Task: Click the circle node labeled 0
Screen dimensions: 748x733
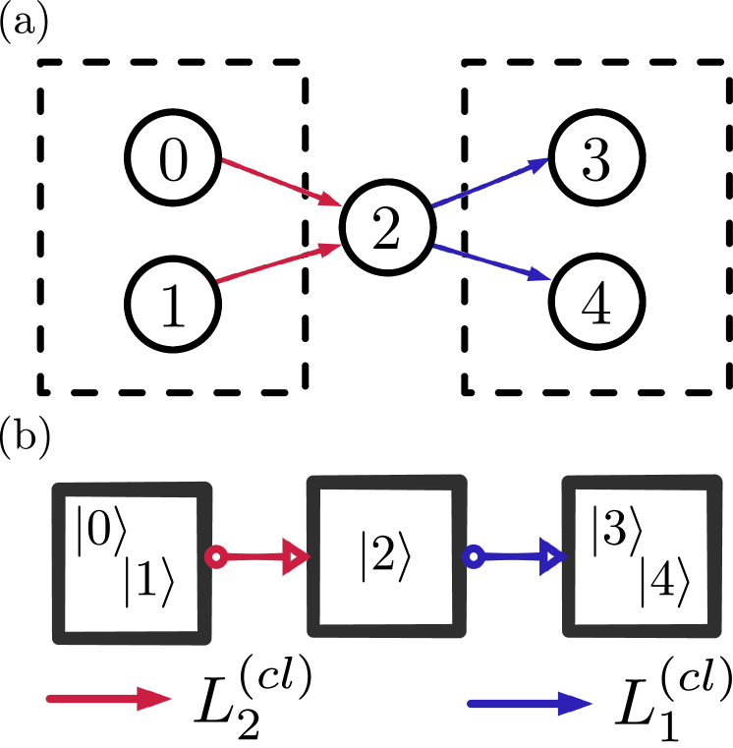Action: [173, 158]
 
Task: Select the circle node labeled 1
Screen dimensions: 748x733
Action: [173, 305]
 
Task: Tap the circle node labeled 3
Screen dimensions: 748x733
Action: [596, 158]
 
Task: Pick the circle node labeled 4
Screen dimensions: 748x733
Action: [596, 303]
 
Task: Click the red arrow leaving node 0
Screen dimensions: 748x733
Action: [280, 182]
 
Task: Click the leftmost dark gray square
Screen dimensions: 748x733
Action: [132, 563]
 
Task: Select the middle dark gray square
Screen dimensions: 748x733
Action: [386, 555]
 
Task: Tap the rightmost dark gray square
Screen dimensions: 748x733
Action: [641, 555]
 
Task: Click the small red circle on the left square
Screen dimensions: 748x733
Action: [216, 557]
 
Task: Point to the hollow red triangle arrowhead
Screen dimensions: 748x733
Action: [295, 556]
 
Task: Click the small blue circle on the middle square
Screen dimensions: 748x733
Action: [473, 557]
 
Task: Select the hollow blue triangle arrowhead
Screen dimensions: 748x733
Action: [551, 557]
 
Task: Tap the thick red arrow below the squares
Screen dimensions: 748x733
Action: [108, 699]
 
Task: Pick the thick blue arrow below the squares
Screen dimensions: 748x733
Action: [531, 703]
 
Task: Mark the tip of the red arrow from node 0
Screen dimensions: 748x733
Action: [340, 205]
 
